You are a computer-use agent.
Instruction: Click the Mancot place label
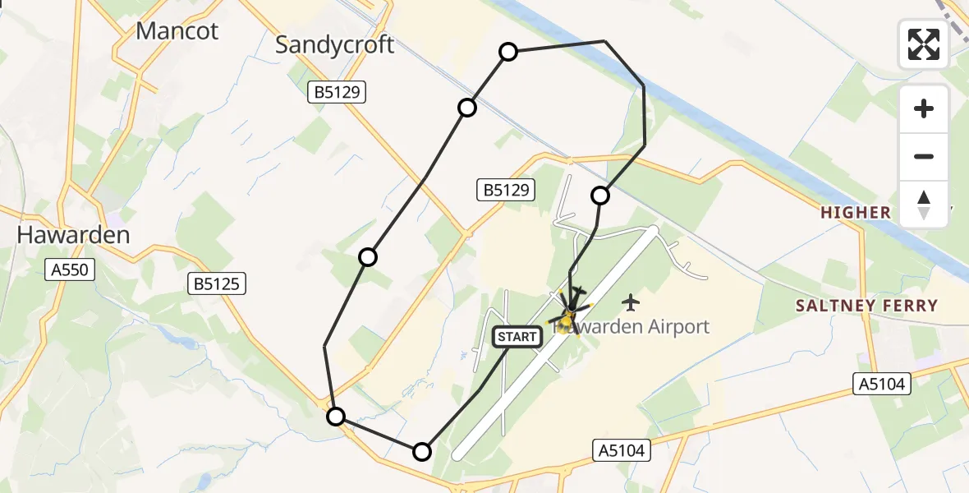(177, 31)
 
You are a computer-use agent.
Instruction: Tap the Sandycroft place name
(335, 44)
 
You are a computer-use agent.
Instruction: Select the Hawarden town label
(73, 235)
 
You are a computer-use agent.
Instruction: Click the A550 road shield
(72, 269)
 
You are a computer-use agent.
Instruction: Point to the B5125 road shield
(218, 284)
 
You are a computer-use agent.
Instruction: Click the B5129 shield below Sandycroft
(338, 93)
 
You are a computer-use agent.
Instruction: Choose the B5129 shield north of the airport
(507, 191)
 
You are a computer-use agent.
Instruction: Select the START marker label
(517, 336)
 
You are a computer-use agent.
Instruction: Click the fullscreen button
(924, 44)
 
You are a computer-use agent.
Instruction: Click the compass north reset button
(924, 205)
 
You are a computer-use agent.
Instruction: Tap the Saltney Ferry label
(866, 306)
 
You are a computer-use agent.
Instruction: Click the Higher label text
(856, 213)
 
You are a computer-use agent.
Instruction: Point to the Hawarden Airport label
(632, 327)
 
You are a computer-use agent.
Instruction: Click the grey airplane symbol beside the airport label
(631, 302)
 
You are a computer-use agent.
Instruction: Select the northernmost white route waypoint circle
(508, 53)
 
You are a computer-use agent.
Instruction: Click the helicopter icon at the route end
(569, 313)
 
